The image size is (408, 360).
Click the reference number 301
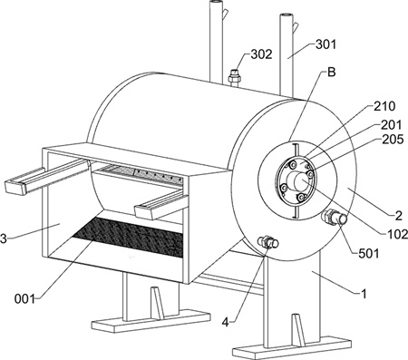(325, 44)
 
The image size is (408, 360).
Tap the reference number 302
(261, 54)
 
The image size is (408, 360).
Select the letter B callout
(332, 73)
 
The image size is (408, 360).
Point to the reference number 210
(384, 106)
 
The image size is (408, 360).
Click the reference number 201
(391, 125)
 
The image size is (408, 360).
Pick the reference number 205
(393, 140)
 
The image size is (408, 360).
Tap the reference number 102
(398, 234)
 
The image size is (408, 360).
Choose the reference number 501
(368, 253)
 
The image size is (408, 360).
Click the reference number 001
(24, 299)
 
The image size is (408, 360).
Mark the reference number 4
(226, 323)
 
